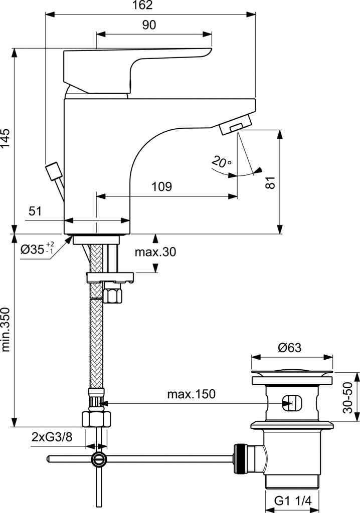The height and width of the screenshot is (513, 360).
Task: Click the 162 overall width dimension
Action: click(x=143, y=5)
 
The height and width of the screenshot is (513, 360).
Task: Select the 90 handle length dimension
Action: click(x=149, y=25)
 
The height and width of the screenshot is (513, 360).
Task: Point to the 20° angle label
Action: click(x=222, y=162)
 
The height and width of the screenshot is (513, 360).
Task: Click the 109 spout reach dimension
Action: click(x=161, y=186)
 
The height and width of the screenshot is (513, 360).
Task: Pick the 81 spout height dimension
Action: click(x=270, y=182)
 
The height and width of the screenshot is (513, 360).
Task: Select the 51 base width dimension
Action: click(x=35, y=211)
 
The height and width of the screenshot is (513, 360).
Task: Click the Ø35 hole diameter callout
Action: click(x=37, y=249)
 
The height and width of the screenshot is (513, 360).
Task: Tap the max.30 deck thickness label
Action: click(x=155, y=252)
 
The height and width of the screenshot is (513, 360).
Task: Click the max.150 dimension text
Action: click(x=192, y=394)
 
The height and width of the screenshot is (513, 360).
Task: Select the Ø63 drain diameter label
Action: click(x=290, y=348)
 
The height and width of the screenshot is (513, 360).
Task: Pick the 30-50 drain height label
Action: click(x=348, y=397)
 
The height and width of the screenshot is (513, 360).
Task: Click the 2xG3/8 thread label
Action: click(x=52, y=437)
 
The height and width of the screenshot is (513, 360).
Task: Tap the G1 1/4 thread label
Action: click(x=292, y=501)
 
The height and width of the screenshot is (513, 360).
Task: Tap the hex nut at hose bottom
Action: click(x=96, y=419)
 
